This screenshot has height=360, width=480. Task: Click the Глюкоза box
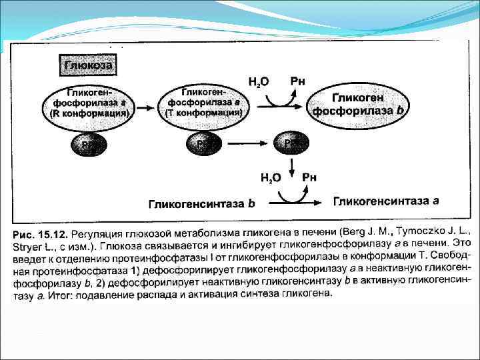click(x=88, y=66)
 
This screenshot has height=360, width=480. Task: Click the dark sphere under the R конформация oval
click(x=89, y=145)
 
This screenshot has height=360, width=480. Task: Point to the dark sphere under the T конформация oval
click(x=203, y=145)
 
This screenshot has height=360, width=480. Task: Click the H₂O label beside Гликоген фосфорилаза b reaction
click(x=258, y=83)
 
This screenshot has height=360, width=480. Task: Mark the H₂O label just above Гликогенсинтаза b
click(x=270, y=178)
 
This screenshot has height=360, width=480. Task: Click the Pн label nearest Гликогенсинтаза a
click(x=309, y=177)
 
